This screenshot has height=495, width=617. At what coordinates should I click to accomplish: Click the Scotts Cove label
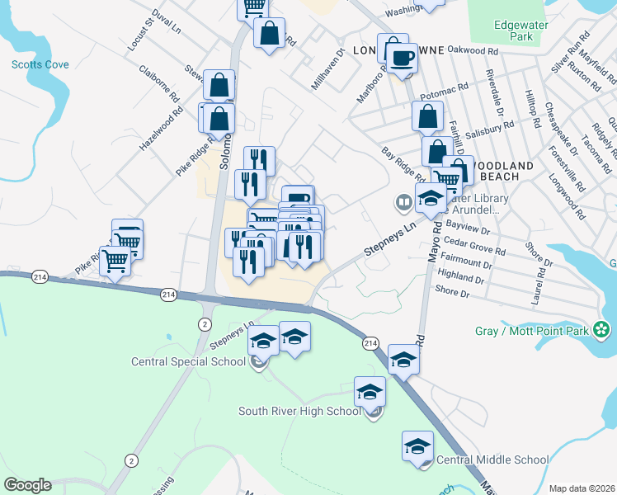point(40,64)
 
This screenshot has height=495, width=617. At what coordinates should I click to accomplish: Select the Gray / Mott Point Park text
point(532,331)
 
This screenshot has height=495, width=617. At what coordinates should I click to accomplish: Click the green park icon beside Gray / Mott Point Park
point(603,331)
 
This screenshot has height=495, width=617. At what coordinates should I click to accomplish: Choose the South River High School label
point(299,411)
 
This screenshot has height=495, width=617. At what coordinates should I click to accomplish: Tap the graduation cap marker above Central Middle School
point(418,445)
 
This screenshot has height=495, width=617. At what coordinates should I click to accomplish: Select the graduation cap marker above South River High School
point(370,391)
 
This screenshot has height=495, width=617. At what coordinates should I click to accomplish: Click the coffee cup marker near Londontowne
point(402,57)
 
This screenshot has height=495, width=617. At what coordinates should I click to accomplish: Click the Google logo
point(27,485)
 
